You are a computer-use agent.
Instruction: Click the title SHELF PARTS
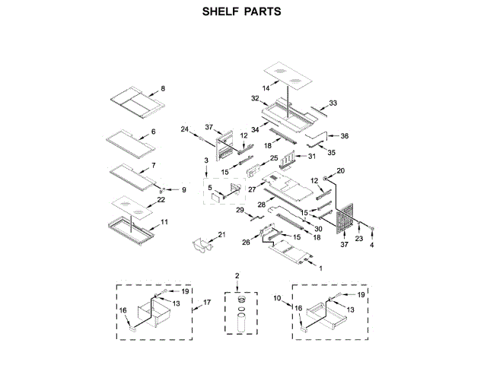point(243,12)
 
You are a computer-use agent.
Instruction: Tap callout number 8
point(161,89)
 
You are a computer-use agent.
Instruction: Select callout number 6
point(153,132)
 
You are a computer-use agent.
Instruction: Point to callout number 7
point(153,165)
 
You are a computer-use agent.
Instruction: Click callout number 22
point(161,199)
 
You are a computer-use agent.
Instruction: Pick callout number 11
point(164,223)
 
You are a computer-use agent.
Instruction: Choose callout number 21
point(222,234)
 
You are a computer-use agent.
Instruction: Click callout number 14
point(266,89)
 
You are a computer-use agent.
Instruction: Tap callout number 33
point(333,103)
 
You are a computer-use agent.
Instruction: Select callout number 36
point(344,136)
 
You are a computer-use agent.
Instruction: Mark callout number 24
point(184,129)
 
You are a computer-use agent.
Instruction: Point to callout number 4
point(371,245)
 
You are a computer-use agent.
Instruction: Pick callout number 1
point(320,268)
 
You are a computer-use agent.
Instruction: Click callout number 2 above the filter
point(237,275)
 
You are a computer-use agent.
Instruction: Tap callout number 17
point(205,303)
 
